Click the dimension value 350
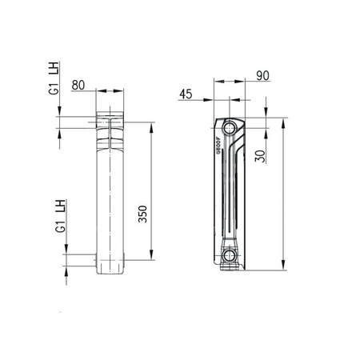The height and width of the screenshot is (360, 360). tap(142, 210)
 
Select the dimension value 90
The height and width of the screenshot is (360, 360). tap(239, 76)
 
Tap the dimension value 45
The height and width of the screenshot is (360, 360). tap(186, 94)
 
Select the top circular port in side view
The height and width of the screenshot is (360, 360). tap(230, 128)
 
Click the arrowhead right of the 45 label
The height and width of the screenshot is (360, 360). tap(212, 102)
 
